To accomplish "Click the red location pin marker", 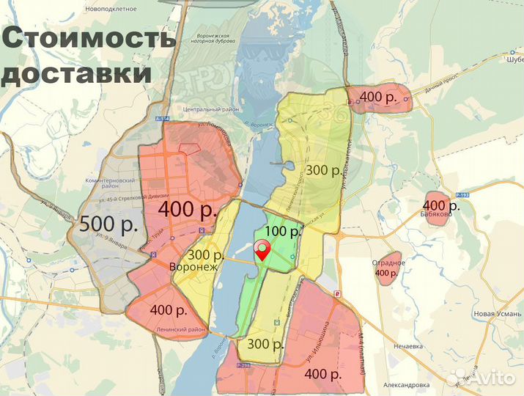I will coord(262,251).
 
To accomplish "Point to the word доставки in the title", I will coord(77,73).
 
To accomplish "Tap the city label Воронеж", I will coord(193,267).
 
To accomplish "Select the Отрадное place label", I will coord(387,263).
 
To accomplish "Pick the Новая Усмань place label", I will coord(495,314).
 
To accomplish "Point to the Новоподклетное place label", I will coord(111,8).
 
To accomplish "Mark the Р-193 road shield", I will coord(461,194).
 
